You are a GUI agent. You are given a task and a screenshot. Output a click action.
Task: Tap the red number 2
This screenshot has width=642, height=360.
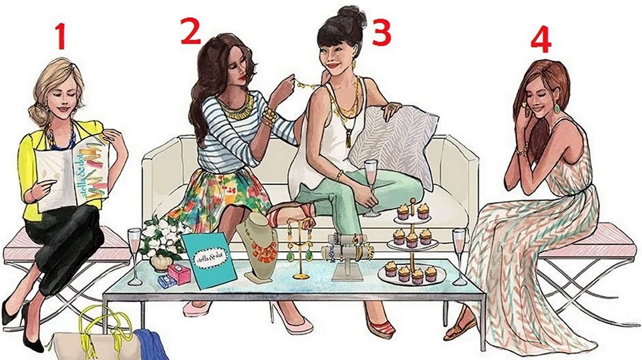(x=190, y=31)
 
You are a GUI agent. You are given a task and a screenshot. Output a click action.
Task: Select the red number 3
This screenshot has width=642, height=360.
(x=381, y=33)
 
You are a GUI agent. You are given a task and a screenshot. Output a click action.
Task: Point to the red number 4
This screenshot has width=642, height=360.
(x=541, y=40)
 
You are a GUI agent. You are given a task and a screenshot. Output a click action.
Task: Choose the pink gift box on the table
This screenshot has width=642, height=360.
(x=179, y=273)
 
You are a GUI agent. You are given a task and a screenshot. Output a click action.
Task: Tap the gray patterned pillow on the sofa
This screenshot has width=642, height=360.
(x=395, y=143)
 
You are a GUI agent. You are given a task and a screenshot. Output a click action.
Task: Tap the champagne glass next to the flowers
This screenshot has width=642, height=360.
(x=134, y=256)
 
